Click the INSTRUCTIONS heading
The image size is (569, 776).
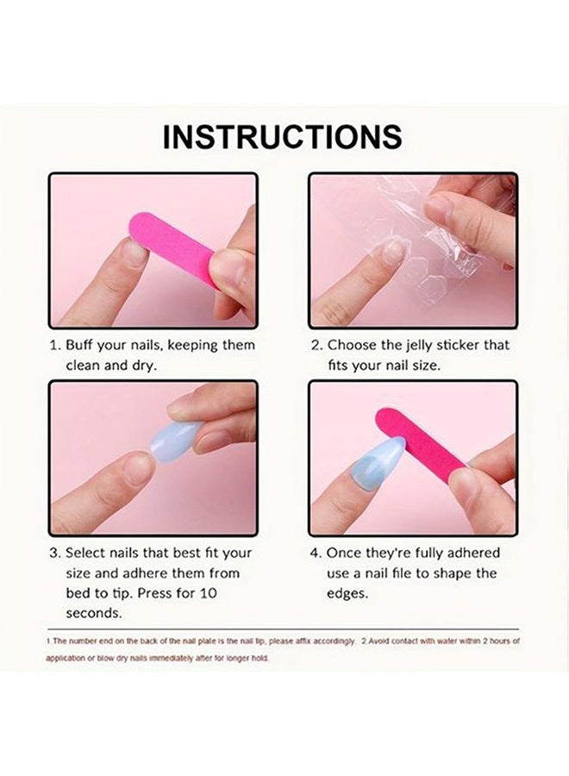[x=282, y=137]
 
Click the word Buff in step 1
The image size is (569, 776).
[x=82, y=345]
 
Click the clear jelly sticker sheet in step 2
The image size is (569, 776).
[x=405, y=250]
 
